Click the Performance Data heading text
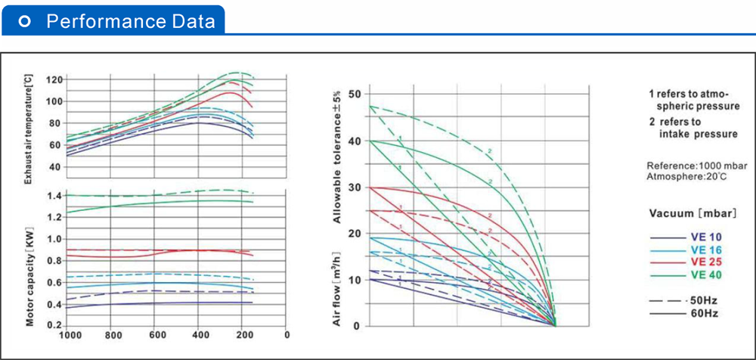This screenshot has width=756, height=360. pyautogui.click(x=131, y=22)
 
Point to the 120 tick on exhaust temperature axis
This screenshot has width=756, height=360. pyautogui.click(x=53, y=79)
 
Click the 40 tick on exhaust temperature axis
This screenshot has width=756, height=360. pyautogui.click(x=55, y=166)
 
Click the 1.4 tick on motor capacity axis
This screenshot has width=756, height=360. pyautogui.click(x=54, y=196)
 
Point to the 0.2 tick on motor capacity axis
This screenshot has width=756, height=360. pyautogui.click(x=54, y=325)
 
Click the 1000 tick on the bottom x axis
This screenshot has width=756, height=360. pyautogui.click(x=69, y=334)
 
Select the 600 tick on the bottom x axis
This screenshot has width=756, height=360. pyautogui.click(x=156, y=334)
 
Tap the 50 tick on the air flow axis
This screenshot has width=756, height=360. pyautogui.click(x=355, y=94)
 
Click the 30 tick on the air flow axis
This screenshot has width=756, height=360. pyautogui.click(x=355, y=187)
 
